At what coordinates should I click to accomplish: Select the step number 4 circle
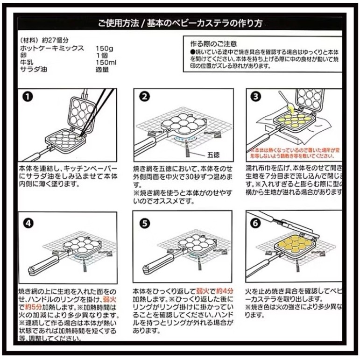coord(29,223)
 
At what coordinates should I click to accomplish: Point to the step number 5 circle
coord(145,223)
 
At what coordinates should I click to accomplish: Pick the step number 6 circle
coord(256,223)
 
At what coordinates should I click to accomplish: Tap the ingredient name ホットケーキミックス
coord(52,49)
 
